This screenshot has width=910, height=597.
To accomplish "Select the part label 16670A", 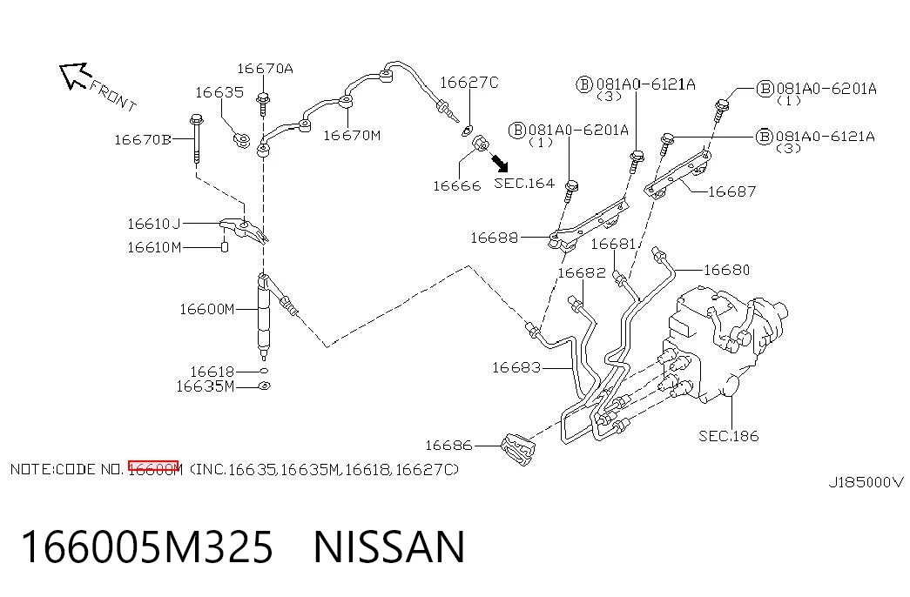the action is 266,69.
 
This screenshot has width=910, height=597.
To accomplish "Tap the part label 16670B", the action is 143,140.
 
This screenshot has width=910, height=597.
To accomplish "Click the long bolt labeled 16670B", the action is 196,138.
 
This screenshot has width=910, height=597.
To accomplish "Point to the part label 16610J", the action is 154,224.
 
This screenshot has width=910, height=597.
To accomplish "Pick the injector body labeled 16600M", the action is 264,315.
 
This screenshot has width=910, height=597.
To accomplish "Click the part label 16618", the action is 212,372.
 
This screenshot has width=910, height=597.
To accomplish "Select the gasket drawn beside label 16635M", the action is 264,386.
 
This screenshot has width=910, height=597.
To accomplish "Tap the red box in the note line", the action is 153,466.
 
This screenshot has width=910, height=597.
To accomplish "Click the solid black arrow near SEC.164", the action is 499,163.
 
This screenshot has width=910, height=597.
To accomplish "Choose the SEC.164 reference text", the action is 524,183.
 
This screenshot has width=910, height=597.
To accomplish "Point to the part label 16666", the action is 456,185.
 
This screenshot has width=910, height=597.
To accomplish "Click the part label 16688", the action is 494,238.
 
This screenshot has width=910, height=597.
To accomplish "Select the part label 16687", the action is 731,191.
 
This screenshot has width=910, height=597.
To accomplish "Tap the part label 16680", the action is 726,270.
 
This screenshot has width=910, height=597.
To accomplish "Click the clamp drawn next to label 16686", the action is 519,449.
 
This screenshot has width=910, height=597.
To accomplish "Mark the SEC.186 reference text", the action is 728,436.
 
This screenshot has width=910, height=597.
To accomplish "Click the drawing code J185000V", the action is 866,482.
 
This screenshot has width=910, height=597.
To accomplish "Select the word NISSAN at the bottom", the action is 389,547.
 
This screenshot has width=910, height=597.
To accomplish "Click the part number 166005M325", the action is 147,547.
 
